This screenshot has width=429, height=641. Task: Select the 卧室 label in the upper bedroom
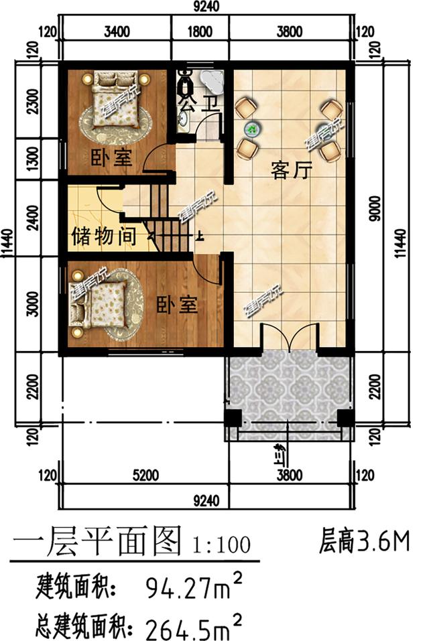point(111,159)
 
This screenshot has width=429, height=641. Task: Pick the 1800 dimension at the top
point(200,31)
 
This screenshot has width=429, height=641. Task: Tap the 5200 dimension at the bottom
point(145,476)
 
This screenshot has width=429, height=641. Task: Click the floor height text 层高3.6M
point(365,541)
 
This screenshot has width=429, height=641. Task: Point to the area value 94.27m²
point(194,587)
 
